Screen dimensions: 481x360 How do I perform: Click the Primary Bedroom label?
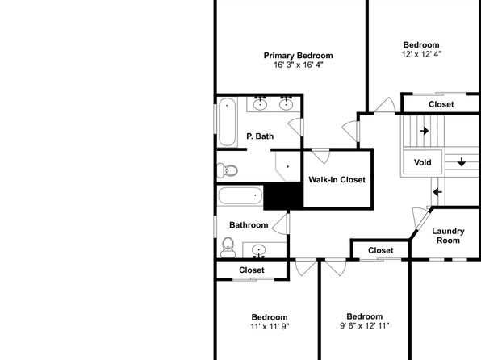pyautogui.click(x=298, y=56)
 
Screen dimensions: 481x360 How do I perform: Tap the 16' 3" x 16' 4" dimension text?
pyautogui.click(x=298, y=65)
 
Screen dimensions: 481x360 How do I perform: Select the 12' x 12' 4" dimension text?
pyautogui.click(x=421, y=54)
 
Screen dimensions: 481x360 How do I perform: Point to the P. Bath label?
pyautogui.click(x=260, y=136)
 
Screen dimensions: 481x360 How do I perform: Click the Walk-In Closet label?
pyautogui.click(x=337, y=179)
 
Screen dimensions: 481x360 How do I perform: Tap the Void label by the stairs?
pyautogui.click(x=422, y=162)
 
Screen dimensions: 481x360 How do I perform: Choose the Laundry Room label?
pyautogui.click(x=448, y=236)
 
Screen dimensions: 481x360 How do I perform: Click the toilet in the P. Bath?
pyautogui.click(x=228, y=170)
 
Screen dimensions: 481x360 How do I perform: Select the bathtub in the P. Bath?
pyautogui.click(x=228, y=122)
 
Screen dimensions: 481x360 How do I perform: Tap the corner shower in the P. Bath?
pyautogui.click(x=287, y=166)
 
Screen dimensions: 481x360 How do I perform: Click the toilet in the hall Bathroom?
pyautogui.click(x=228, y=247)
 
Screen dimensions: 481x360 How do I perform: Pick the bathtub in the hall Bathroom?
pyautogui.click(x=240, y=195)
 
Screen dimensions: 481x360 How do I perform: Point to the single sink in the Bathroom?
pyautogui.click(x=259, y=249)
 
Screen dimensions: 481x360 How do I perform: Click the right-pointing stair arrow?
pyautogui.click(x=424, y=131)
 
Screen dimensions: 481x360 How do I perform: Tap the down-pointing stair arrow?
pyautogui.click(x=462, y=161)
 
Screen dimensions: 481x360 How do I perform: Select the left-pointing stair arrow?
pyautogui.click(x=437, y=192)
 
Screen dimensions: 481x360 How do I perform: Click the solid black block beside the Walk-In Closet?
pyautogui.click(x=283, y=196)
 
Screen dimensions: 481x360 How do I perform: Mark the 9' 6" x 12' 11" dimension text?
pyautogui.click(x=365, y=325)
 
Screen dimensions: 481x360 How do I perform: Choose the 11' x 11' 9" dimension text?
pyautogui.click(x=270, y=326)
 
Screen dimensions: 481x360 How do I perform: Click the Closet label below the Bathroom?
pyautogui.click(x=252, y=270)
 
